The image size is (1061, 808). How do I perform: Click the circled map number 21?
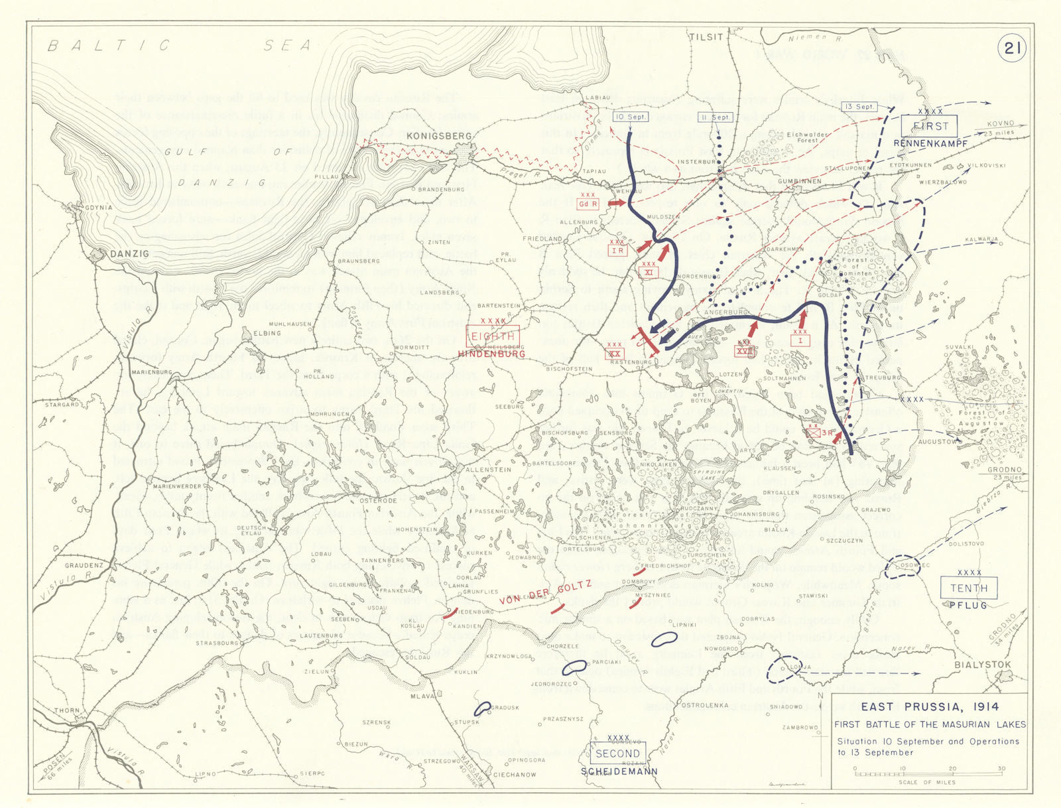[x=1012, y=48]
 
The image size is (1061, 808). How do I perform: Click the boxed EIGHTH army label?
[x=493, y=337]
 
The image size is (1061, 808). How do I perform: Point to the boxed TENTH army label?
[x=969, y=588]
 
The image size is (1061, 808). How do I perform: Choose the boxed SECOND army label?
[x=617, y=754]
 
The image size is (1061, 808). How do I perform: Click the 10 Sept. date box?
[x=630, y=117]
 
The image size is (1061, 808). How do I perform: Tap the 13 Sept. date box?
[x=859, y=107]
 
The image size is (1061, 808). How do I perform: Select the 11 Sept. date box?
[x=716, y=117]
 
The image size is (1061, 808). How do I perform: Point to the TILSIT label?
[x=706, y=37]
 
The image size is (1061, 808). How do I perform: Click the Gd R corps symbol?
[x=588, y=204]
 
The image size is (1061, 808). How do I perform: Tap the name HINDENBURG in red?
[x=491, y=354]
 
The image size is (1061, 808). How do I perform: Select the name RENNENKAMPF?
[x=930, y=143]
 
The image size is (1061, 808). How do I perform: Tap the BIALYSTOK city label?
[x=983, y=665]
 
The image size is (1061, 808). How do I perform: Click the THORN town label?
[x=66, y=710]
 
